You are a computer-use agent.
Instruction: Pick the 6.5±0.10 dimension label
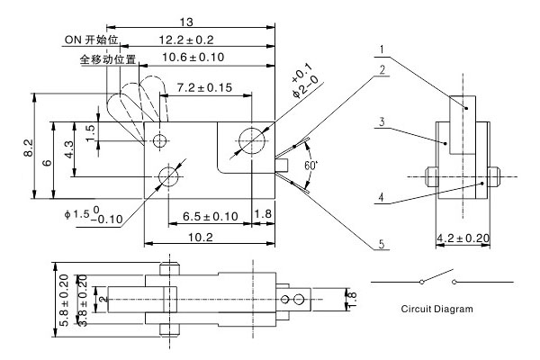[204, 216]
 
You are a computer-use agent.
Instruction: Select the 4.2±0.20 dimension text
[463, 238]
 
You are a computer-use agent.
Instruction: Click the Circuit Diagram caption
[436, 309]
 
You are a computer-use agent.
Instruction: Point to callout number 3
[382, 119]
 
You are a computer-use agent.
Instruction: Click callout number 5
[382, 244]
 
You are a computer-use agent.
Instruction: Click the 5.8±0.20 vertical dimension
[60, 300]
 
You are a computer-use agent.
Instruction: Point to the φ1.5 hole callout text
[94, 216]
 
